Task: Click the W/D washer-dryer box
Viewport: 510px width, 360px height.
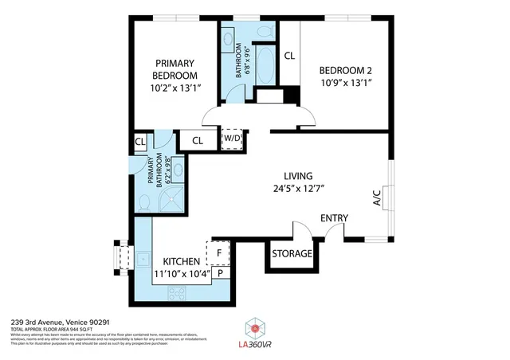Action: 231,138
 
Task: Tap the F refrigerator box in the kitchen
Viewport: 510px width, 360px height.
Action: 218,253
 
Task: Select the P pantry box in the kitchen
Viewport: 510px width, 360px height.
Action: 220,273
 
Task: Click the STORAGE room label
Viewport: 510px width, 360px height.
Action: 292,254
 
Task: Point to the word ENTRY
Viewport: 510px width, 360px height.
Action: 335,218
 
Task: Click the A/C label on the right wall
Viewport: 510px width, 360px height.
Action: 376,198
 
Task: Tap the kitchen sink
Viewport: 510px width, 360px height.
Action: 143,258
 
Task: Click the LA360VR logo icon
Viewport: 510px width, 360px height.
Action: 255,327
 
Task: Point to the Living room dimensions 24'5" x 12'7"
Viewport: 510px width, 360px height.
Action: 299,189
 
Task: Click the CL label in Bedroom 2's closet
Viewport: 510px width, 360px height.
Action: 288,56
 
